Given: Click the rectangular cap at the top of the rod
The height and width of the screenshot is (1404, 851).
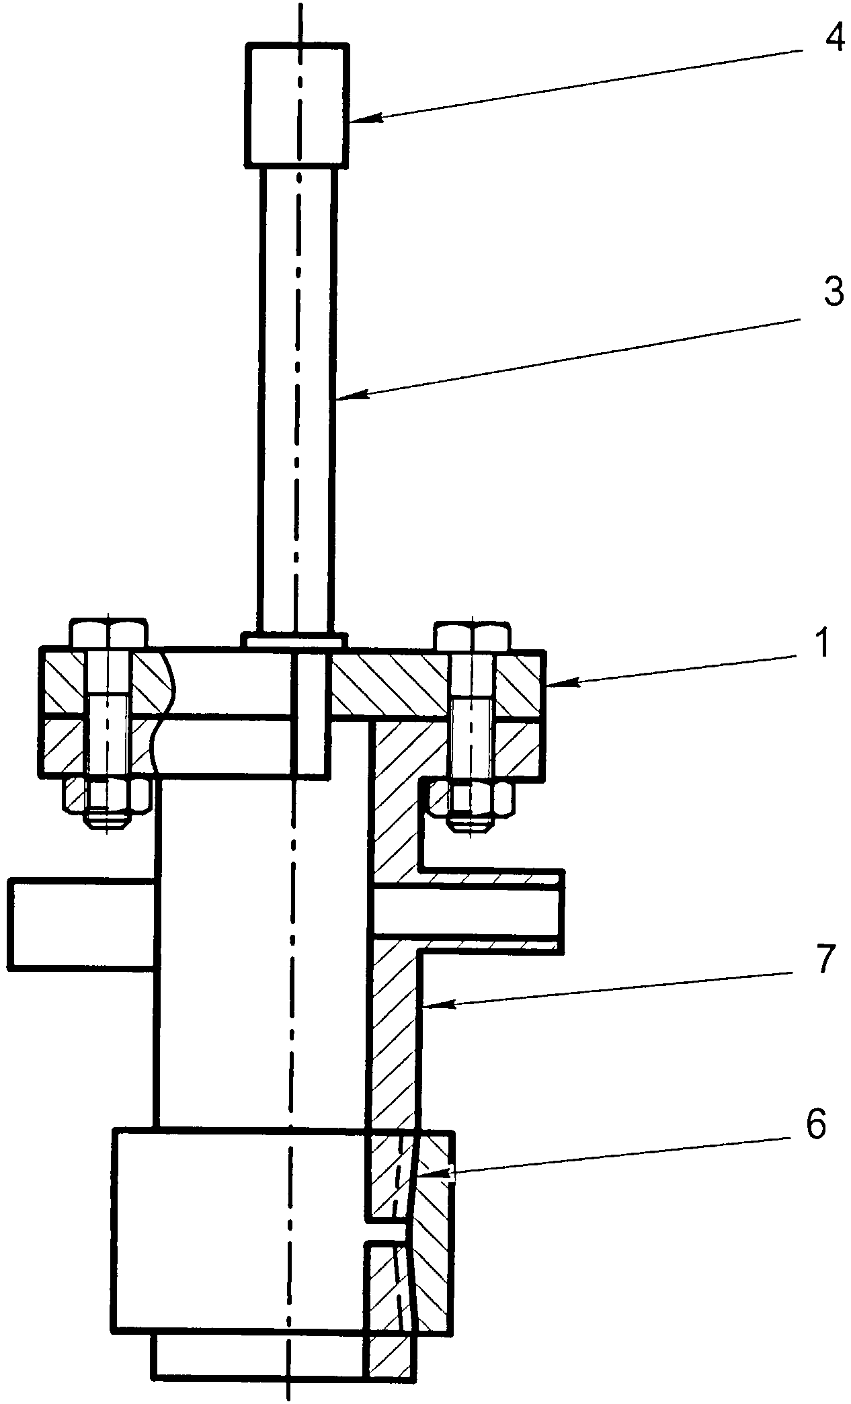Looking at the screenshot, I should point(297,104).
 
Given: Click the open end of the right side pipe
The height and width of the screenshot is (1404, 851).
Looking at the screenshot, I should point(559,911).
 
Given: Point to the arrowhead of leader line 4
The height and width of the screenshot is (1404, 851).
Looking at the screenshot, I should point(354,120).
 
